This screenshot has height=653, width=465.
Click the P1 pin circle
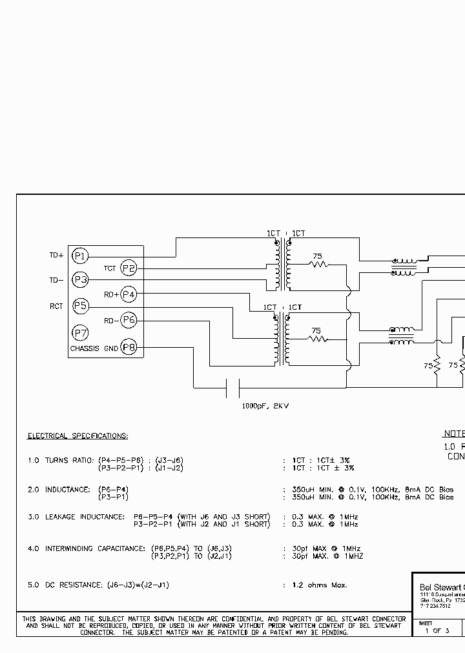click(x=79, y=256)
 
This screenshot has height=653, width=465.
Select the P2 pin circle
click(x=129, y=268)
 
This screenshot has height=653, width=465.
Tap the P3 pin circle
click(x=79, y=280)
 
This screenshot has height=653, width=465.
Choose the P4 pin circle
click(x=129, y=295)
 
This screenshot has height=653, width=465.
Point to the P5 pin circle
click(x=79, y=306)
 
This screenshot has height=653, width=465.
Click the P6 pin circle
click(x=129, y=320)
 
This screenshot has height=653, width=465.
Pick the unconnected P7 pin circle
click(x=79, y=333)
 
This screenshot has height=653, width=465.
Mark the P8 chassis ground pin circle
click(x=129, y=348)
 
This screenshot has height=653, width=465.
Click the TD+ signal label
click(x=57, y=256)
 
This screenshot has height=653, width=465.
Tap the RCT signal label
click(x=57, y=306)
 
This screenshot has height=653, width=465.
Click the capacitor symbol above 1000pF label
click(x=232, y=388)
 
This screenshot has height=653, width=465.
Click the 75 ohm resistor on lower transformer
click(x=316, y=339)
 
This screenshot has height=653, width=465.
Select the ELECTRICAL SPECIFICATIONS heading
click(x=77, y=436)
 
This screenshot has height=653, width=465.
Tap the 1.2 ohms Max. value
click(x=319, y=585)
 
